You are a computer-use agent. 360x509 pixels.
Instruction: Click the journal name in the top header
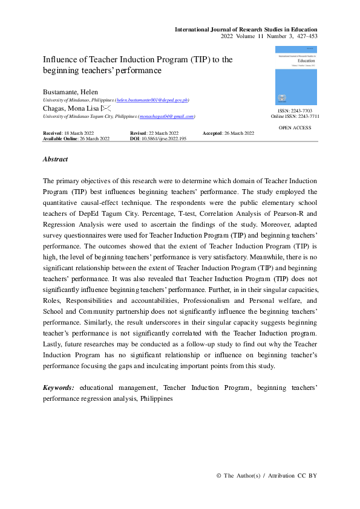coord(246,29)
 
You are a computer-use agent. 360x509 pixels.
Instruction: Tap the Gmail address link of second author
coord(166,116)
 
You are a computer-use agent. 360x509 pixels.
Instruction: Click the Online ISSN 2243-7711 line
coord(295,117)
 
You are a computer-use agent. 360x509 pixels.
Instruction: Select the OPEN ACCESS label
coord(295,128)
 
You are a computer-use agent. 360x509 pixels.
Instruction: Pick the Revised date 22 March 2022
coord(154,133)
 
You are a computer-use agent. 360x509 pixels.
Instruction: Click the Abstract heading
coord(55,160)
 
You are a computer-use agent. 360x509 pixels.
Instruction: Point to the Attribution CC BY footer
coord(292,476)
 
